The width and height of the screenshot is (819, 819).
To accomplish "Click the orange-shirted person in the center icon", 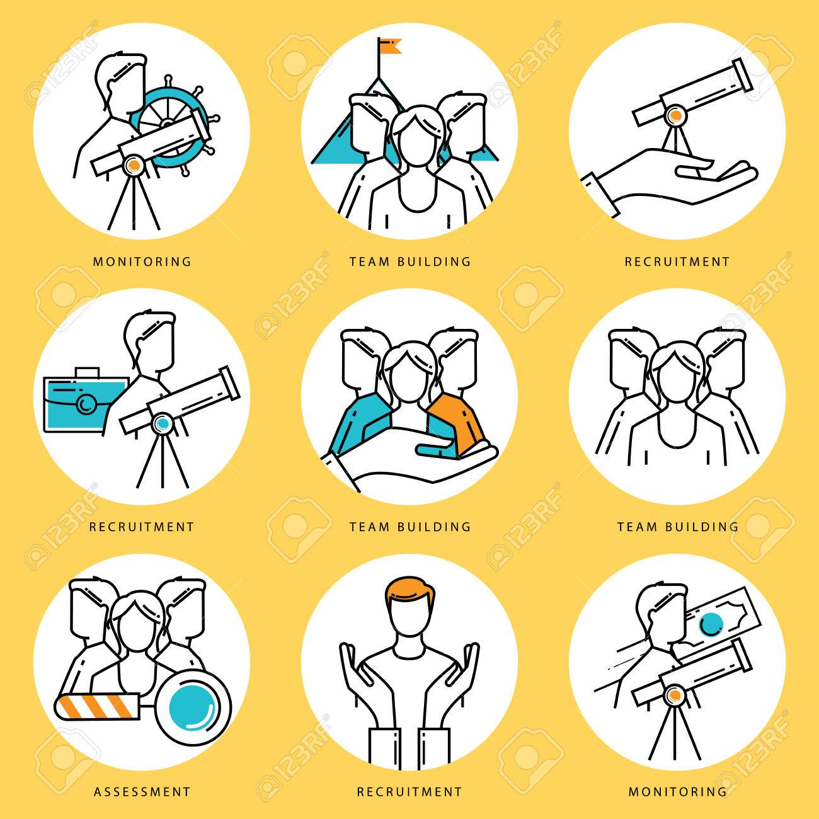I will [x=457, y=419].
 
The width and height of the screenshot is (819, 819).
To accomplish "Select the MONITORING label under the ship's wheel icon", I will [x=142, y=261].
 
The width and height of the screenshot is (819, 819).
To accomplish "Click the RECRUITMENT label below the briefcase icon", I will [x=142, y=525].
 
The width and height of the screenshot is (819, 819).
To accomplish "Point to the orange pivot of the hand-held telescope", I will [x=675, y=115].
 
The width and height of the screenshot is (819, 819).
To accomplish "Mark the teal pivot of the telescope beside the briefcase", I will [x=164, y=425].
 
